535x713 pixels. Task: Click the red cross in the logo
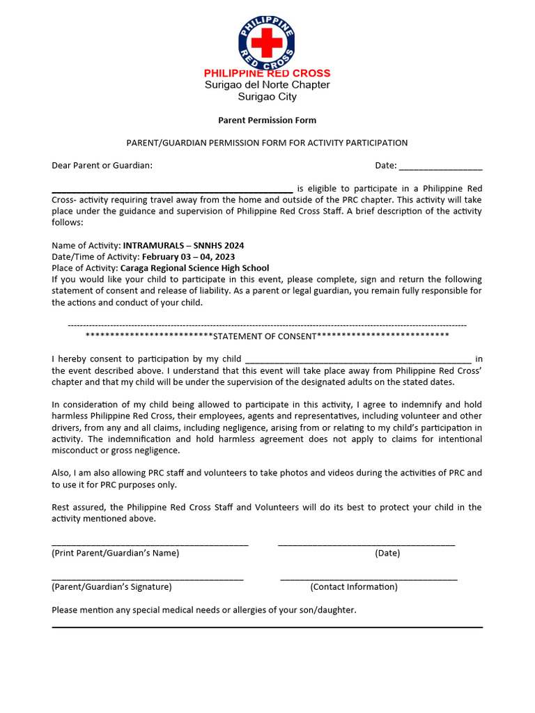tap(267, 43)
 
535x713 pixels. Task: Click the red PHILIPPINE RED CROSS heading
tap(267, 73)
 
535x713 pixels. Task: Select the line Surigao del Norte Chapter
tap(267, 85)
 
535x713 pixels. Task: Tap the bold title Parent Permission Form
tap(267, 120)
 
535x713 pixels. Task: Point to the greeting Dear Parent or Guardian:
tap(102, 166)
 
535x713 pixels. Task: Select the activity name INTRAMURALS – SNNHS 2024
tap(183, 246)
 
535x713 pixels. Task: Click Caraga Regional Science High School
tap(194, 268)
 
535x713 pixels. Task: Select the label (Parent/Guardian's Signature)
tap(111, 587)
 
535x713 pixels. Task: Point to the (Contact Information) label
tap(354, 587)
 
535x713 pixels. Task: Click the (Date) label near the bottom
tap(387, 554)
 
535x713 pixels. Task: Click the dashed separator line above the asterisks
tap(267, 325)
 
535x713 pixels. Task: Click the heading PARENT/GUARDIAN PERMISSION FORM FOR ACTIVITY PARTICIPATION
tap(267, 143)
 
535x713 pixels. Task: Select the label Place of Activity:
tap(85, 268)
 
